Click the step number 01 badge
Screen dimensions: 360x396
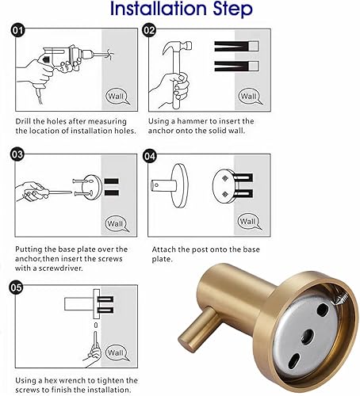pyautogui.click(x=17, y=30)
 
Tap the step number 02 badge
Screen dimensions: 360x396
pyautogui.click(x=149, y=30)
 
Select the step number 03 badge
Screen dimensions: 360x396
pyautogui.click(x=17, y=154)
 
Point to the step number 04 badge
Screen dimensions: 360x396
pyautogui.click(x=149, y=156)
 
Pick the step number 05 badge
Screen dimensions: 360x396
pyautogui.click(x=16, y=287)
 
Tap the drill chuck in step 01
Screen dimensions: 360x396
pyautogui.click(x=86, y=55)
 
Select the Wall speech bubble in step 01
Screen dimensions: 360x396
pyautogui.click(x=117, y=96)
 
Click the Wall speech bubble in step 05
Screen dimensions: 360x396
pyautogui.click(x=117, y=352)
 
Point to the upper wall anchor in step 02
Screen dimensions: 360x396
pyautogui.click(x=236, y=47)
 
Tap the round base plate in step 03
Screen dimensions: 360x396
pyautogui.click(x=92, y=187)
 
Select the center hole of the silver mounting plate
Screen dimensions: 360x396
pyautogui.click(x=308, y=337)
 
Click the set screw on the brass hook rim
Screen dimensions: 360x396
pyautogui.click(x=341, y=298)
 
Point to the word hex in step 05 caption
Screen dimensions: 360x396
pyautogui.click(x=48, y=380)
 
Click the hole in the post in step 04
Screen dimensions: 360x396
pyautogui.click(x=157, y=185)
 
